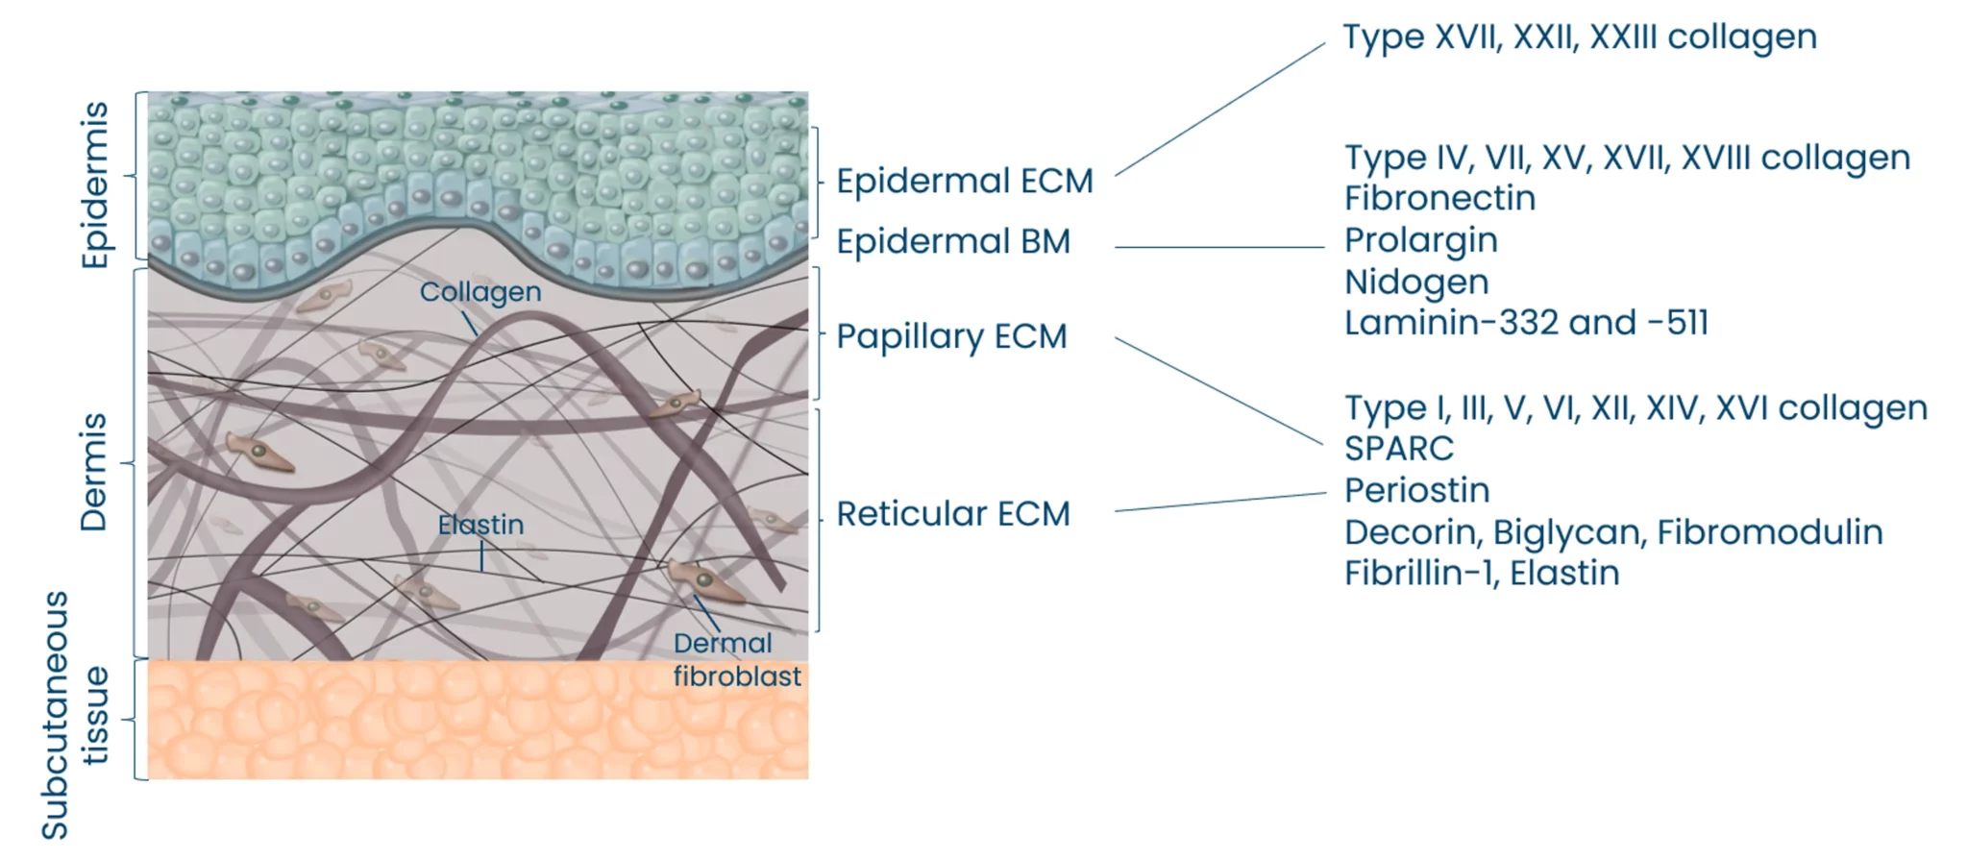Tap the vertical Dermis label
pos(94,472)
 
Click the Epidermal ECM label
pos(964,181)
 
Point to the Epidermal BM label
pos(952,241)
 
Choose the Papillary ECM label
pos(951,336)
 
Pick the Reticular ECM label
pos(952,514)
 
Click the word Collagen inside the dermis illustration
pos(480,292)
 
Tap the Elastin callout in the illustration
pos(480,525)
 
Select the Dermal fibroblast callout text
pos(735,660)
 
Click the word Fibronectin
pos(1439,199)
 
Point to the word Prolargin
pos(1420,240)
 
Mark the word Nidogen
pos(1416,283)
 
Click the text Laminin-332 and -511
pos(1526,323)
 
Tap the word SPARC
pos(1398,449)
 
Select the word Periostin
pos(1416,491)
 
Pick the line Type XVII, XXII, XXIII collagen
pos(1579,37)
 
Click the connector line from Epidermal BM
pos(1218,247)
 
